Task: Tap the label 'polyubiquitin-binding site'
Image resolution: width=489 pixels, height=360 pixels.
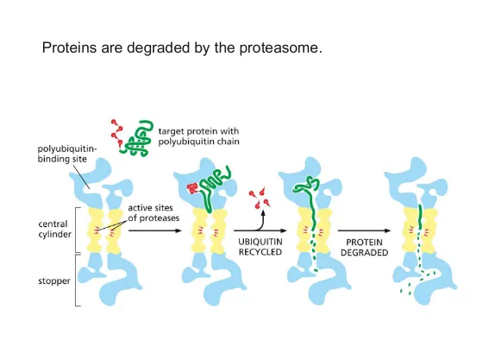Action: (66, 154)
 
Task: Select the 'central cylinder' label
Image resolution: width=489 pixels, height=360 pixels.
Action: (55, 229)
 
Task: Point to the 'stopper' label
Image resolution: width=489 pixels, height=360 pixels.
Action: (54, 281)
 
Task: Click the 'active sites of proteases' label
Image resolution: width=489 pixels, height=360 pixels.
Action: (154, 213)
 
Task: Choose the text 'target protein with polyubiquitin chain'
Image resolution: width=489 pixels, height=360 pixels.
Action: (198, 136)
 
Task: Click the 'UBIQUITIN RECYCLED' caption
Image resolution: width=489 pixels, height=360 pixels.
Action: (260, 247)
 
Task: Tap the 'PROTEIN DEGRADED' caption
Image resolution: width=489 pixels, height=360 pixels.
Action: (364, 247)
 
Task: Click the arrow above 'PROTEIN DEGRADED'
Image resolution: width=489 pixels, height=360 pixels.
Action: (364, 231)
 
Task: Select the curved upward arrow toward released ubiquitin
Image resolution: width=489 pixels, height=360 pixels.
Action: (260, 223)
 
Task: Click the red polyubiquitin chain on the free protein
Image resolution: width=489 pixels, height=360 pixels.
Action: (117, 133)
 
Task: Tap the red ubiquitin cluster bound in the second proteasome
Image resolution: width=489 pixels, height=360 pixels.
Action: (192, 188)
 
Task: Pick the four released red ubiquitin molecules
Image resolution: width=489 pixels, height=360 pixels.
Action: (260, 198)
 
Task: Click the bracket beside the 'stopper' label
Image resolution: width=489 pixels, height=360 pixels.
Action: (77, 281)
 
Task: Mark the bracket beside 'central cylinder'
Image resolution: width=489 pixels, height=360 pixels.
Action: (77, 230)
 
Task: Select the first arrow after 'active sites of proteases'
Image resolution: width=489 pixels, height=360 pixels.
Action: (155, 231)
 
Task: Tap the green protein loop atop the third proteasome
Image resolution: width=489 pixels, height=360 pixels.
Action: (306, 185)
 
